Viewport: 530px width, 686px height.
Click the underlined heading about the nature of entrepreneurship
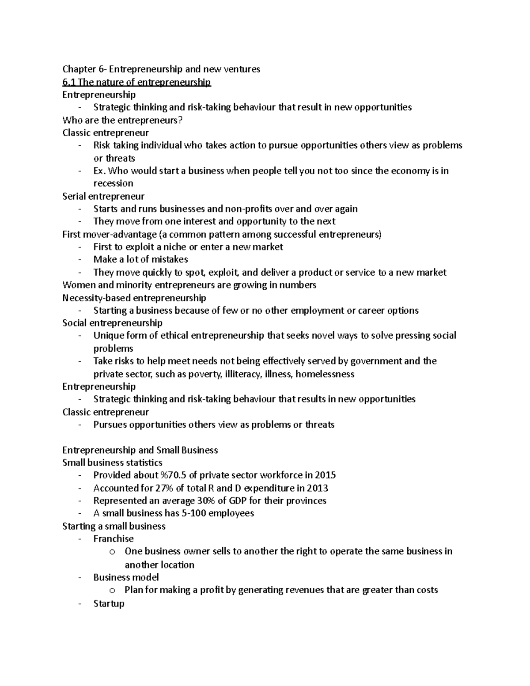[136, 82]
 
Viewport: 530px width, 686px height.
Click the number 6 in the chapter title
[101, 69]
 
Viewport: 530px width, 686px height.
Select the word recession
[113, 183]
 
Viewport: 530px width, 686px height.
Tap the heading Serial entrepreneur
[103, 196]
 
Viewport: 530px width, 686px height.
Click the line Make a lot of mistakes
[140, 259]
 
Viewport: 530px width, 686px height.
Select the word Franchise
[114, 539]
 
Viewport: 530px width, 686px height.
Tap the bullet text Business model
[126, 577]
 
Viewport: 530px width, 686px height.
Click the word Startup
[109, 603]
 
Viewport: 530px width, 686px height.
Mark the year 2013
[316, 488]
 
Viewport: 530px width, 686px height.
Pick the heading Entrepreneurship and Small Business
[140, 450]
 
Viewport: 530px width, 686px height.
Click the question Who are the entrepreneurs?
[122, 120]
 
